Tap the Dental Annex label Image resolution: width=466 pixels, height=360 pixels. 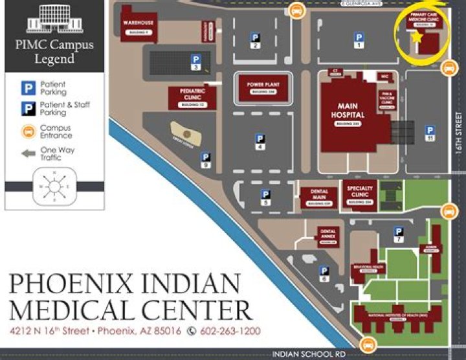tap(328, 234)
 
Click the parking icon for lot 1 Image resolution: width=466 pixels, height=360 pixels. tap(359, 39)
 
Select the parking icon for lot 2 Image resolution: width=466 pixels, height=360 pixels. tap(256, 38)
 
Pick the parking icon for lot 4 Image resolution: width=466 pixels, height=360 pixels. tap(260, 139)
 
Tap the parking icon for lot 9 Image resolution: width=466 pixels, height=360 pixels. tap(206, 157)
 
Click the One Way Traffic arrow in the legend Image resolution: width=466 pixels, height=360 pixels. tap(28, 153)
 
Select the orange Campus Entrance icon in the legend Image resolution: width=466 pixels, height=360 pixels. tap(28, 131)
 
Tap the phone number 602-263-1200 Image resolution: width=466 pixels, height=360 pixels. tap(230, 331)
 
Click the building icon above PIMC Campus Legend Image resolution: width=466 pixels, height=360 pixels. tap(54, 19)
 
